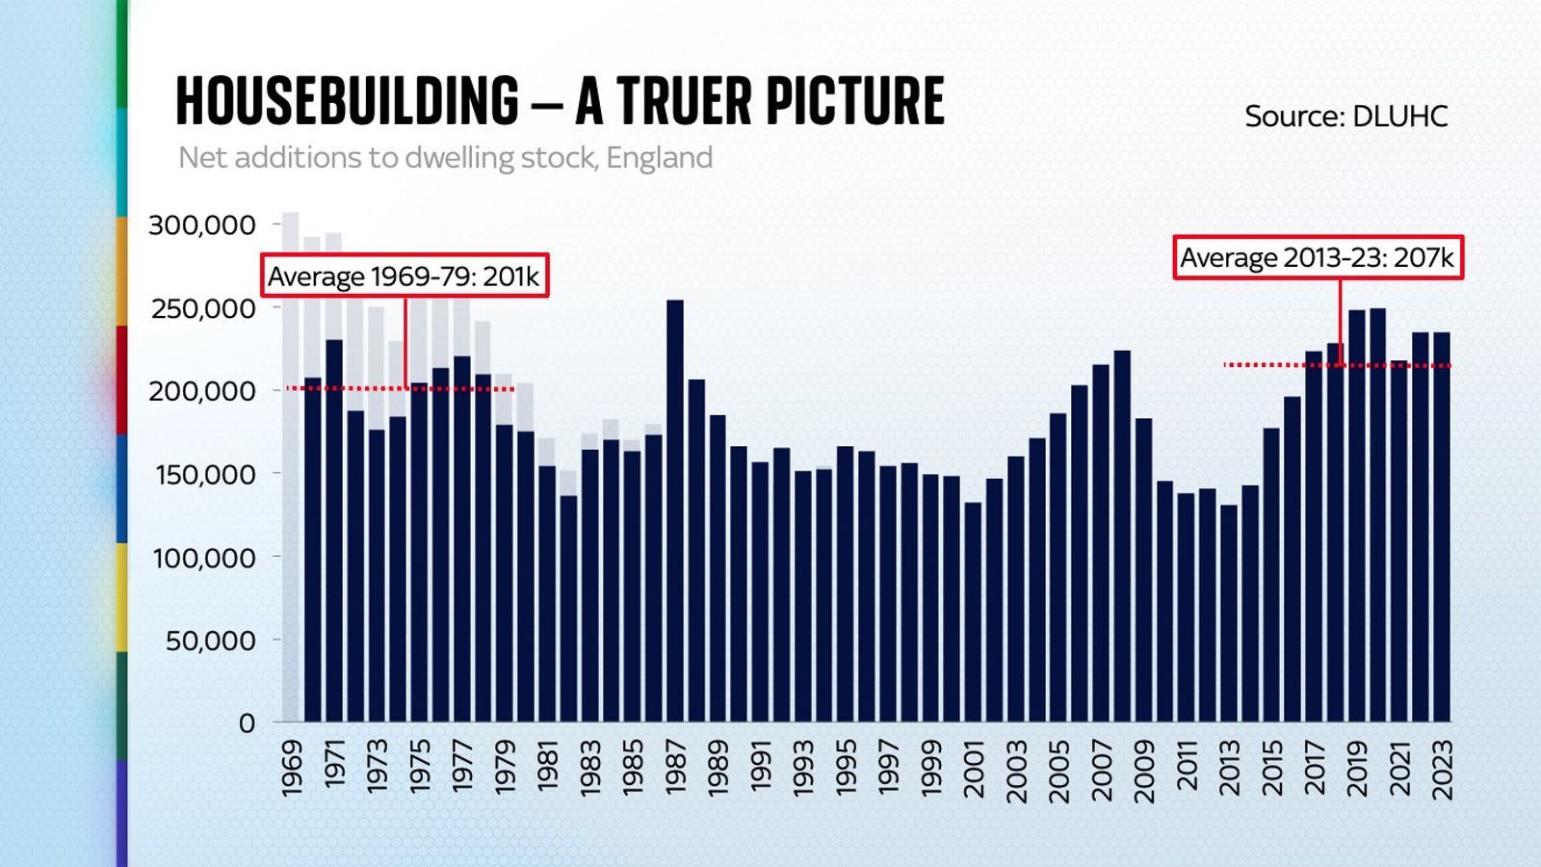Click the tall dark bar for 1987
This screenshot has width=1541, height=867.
tap(675, 511)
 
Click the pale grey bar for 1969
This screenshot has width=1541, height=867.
tap(291, 462)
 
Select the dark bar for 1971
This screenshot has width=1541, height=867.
tap(334, 530)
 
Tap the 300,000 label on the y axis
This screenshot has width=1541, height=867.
tap(202, 225)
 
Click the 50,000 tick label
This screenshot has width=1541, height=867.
tap(210, 641)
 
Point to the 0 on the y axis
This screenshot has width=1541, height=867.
tap(247, 723)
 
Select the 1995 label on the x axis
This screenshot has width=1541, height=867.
tap(846, 768)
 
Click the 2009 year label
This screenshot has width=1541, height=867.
tap(1143, 771)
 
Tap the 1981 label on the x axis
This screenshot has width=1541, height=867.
tap(547, 766)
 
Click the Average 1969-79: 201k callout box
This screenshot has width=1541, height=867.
tap(405, 276)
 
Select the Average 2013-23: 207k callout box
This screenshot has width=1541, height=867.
tap(1317, 258)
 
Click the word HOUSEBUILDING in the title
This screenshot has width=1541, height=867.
tap(348, 101)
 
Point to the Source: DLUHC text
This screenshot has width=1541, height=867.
tap(1345, 117)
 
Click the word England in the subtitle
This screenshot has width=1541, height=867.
tap(660, 157)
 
